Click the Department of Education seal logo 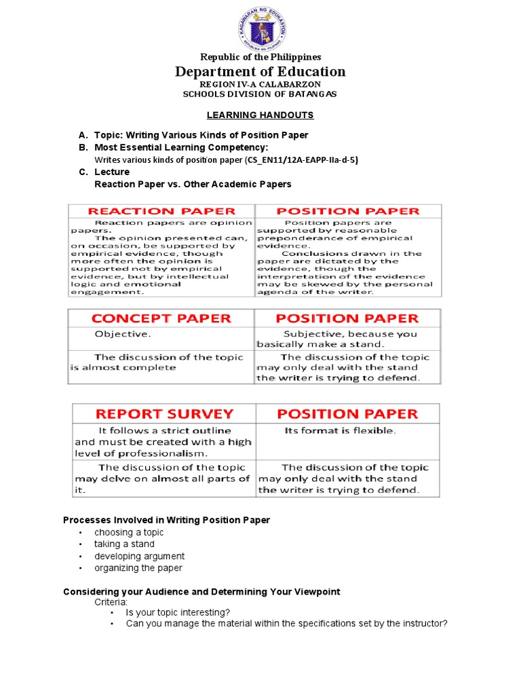pyautogui.click(x=261, y=27)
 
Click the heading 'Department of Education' pyautogui.click(x=260, y=71)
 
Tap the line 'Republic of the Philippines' pyautogui.click(x=260, y=57)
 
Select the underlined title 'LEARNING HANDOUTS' pyautogui.click(x=260, y=115)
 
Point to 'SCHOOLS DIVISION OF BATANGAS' pyautogui.click(x=260, y=94)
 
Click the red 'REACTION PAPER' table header pyautogui.click(x=161, y=211)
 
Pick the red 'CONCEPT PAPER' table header pyautogui.click(x=161, y=318)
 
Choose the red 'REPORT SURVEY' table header pyautogui.click(x=165, y=413)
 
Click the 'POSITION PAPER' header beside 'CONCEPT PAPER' pyautogui.click(x=347, y=318)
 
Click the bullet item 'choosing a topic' pyautogui.click(x=129, y=532)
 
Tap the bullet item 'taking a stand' pyautogui.click(x=124, y=544)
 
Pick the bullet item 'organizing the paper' pyautogui.click(x=138, y=567)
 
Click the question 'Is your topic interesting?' pyautogui.click(x=178, y=612)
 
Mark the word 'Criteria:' pyautogui.click(x=111, y=602)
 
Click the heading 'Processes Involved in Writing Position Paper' pyautogui.click(x=166, y=520)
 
